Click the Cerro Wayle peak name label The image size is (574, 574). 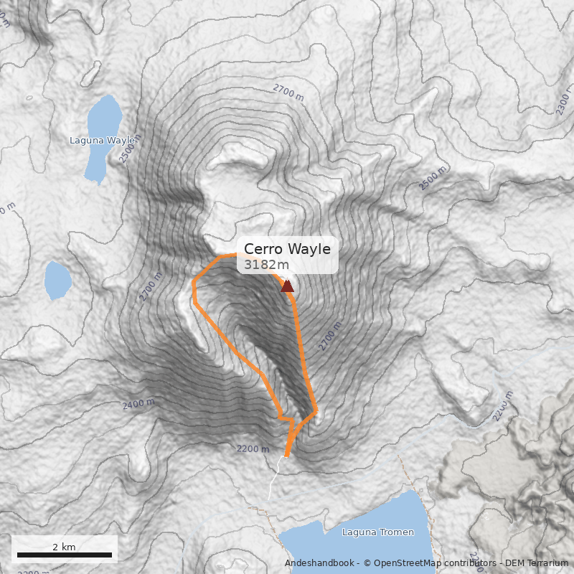tap(287, 249)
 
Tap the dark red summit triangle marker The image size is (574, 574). tap(287, 287)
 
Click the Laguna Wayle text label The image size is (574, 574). tap(102, 141)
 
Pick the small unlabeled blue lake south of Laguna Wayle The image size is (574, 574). tap(57, 280)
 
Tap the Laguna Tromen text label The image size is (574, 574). tap(378, 532)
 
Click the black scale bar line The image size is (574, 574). tap(64, 555)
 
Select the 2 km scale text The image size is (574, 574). tap(64, 547)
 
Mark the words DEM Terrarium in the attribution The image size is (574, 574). tap(536, 563)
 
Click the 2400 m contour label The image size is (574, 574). tap(138, 405)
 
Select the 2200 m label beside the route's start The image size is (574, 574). tap(253, 449)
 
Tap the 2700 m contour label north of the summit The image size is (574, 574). tap(289, 91)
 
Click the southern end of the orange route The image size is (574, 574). tap(286, 455)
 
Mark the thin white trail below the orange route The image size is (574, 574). tap(273, 481)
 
